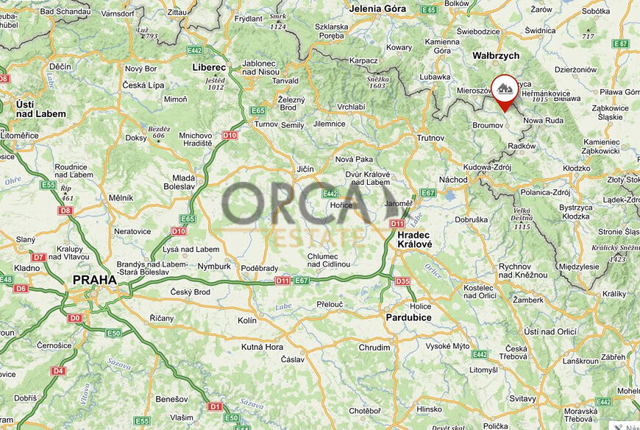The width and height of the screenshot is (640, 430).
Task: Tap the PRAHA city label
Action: point(94,280)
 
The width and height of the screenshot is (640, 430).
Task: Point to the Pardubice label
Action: point(408,317)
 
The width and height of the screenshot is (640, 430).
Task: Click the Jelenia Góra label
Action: point(379,9)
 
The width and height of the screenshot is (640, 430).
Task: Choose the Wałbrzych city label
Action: point(495,55)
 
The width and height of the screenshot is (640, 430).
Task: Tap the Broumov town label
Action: point(487,126)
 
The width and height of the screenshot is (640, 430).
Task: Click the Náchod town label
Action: point(453,180)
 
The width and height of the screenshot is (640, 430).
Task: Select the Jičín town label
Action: point(305,169)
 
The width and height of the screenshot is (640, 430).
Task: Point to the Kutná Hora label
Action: point(263,347)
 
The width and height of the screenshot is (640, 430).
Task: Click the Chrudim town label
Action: point(374,348)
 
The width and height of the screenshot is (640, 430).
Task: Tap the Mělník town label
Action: point(121,197)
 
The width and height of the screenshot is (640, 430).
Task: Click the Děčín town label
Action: point(60,66)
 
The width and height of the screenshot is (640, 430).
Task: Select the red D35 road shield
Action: point(402,281)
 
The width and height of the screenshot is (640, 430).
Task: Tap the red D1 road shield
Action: point(215,406)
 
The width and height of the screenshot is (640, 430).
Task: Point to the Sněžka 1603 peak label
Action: point(377,81)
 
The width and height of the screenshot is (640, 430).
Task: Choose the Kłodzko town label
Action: point(577,168)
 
